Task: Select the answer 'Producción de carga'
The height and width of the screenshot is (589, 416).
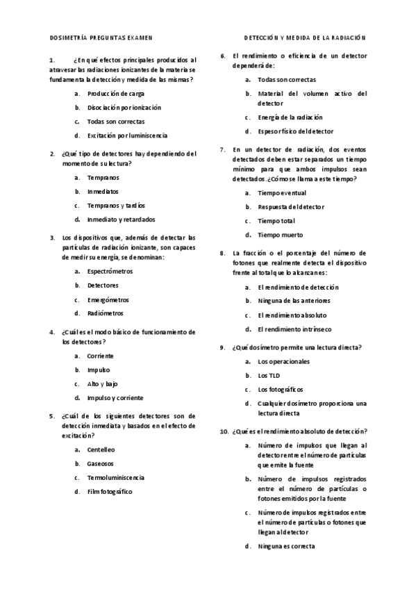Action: [115, 93]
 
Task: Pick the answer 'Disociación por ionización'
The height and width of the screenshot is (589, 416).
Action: [124, 108]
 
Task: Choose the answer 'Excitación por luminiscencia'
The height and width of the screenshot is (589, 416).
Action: [127, 135]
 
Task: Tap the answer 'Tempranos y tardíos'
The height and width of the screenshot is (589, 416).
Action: [116, 206]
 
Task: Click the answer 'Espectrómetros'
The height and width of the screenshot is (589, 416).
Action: [110, 271]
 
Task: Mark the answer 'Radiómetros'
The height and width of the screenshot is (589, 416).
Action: [105, 313]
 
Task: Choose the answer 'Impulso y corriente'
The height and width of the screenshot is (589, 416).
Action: [115, 398]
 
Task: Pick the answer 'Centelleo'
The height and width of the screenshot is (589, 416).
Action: [101, 449]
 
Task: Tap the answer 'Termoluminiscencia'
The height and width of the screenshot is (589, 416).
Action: [115, 478]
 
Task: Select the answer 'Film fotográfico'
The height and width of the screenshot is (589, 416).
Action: [110, 492]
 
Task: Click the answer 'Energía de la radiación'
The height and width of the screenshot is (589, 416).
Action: [290, 117]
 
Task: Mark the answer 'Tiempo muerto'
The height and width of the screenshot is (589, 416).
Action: [280, 235]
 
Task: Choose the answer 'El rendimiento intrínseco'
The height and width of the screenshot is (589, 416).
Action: [294, 329]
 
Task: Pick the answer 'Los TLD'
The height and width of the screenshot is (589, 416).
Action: [269, 375]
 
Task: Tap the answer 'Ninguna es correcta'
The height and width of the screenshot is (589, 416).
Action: [285, 546]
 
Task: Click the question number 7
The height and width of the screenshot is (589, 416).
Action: [222, 149]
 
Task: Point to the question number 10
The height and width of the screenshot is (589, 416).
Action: [224, 431]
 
